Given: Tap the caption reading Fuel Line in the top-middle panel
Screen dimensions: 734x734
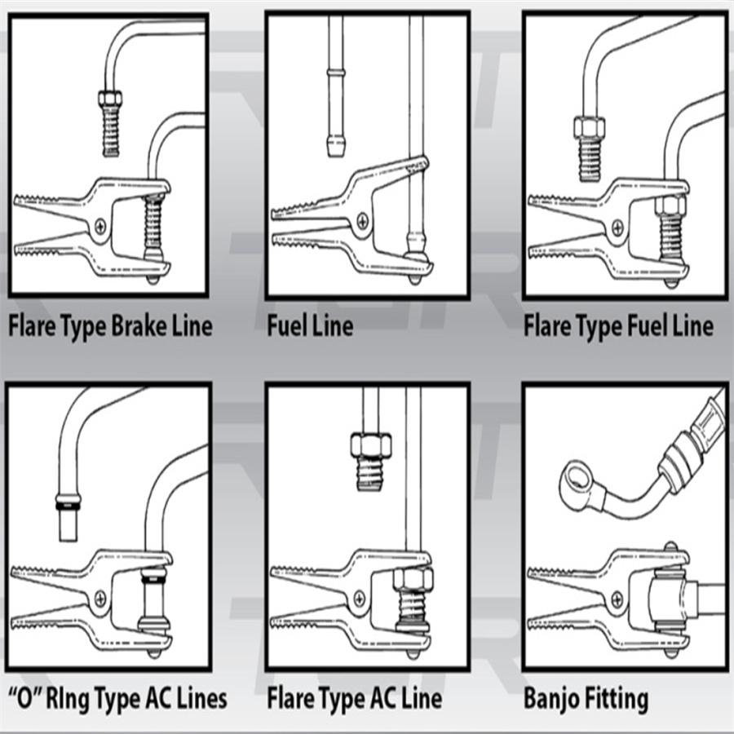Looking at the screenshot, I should pyautogui.click(x=310, y=326).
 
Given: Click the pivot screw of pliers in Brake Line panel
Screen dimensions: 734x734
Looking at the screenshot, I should pyautogui.click(x=100, y=228).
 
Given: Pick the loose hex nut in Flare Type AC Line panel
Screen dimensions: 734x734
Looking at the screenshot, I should pyautogui.click(x=370, y=445).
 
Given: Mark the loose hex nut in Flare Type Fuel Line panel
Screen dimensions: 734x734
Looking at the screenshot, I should pyautogui.click(x=587, y=128).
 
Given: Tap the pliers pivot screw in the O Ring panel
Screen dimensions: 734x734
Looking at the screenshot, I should pyautogui.click(x=99, y=595).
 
